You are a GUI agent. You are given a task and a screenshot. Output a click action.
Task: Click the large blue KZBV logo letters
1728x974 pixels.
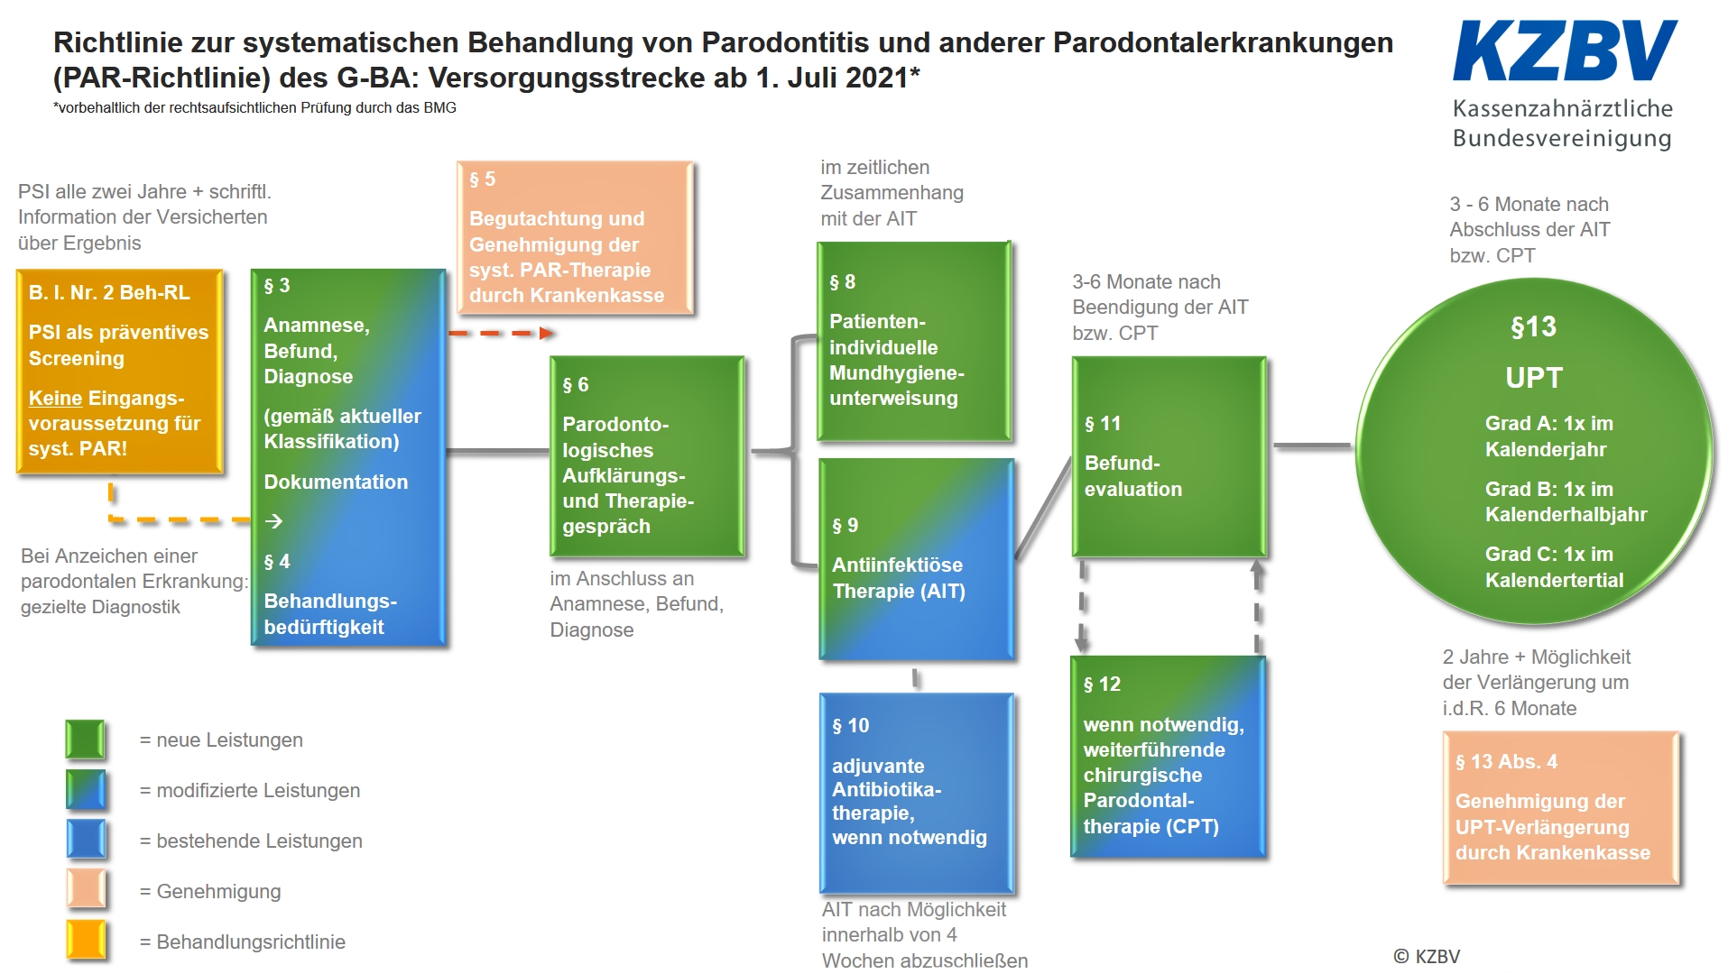click(1565, 51)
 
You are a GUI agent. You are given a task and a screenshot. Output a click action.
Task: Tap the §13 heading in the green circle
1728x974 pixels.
click(1533, 326)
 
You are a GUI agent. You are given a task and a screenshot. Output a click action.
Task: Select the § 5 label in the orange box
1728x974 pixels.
click(482, 179)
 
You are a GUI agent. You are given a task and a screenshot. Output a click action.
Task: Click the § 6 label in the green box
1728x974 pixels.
click(575, 385)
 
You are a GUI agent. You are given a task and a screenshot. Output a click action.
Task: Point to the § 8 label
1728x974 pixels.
click(842, 282)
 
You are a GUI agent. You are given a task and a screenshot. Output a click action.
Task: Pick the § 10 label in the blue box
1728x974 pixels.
click(850, 725)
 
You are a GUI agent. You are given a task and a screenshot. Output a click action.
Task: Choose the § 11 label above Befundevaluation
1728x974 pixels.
click(1102, 423)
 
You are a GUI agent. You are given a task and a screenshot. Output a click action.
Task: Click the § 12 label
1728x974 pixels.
click(1102, 685)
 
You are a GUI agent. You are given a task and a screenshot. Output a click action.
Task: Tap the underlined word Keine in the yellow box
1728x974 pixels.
click(55, 398)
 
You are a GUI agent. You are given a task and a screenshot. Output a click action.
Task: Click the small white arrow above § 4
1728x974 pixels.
click(274, 521)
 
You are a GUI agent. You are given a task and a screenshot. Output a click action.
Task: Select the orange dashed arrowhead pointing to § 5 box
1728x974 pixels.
click(547, 334)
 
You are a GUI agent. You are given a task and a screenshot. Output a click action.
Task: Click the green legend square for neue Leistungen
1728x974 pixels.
click(86, 740)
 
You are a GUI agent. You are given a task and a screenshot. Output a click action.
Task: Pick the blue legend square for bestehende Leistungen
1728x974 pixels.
click(86, 840)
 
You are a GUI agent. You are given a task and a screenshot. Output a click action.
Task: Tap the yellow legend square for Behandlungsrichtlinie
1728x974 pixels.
click(86, 941)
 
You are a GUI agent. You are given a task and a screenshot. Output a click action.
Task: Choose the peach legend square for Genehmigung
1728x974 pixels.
click(86, 890)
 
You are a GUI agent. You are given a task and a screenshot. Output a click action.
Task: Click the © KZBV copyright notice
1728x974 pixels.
click(1427, 956)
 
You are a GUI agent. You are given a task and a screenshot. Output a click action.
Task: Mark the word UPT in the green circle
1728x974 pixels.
click(1533, 378)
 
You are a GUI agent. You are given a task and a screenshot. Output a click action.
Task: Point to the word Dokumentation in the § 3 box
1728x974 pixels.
click(336, 482)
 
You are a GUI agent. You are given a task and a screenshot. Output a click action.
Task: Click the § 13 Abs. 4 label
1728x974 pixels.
click(1506, 762)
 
